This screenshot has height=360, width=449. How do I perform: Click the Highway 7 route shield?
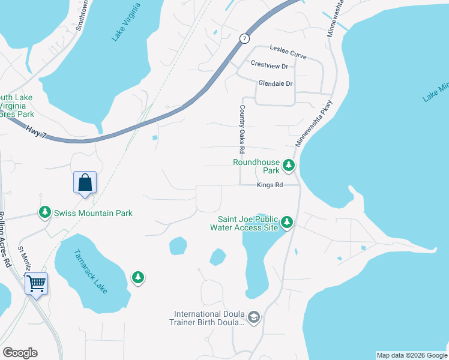pos(244,38)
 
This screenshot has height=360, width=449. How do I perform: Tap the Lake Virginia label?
pos(126,22)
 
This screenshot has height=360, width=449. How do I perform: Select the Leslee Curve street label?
pos(288,52)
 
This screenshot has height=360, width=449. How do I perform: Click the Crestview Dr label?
pos(270,65)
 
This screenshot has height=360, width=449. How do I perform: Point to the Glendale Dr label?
pos(275,83)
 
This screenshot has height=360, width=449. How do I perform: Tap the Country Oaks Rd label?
pos(242,128)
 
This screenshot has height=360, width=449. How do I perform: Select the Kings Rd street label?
pos(270,185)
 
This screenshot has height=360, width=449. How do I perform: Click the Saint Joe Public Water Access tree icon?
pos(287,223)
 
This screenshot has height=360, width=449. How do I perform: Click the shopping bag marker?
pos(85,182)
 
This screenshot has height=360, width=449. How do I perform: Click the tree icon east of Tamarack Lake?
pos(138,277)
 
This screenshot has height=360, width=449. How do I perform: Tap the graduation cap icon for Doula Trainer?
pos(254,317)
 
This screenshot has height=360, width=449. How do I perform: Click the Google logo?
pos(20,353)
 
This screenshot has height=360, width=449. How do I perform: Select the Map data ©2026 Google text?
pos(411,355)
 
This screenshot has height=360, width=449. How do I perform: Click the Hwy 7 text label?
pos(36,131)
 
